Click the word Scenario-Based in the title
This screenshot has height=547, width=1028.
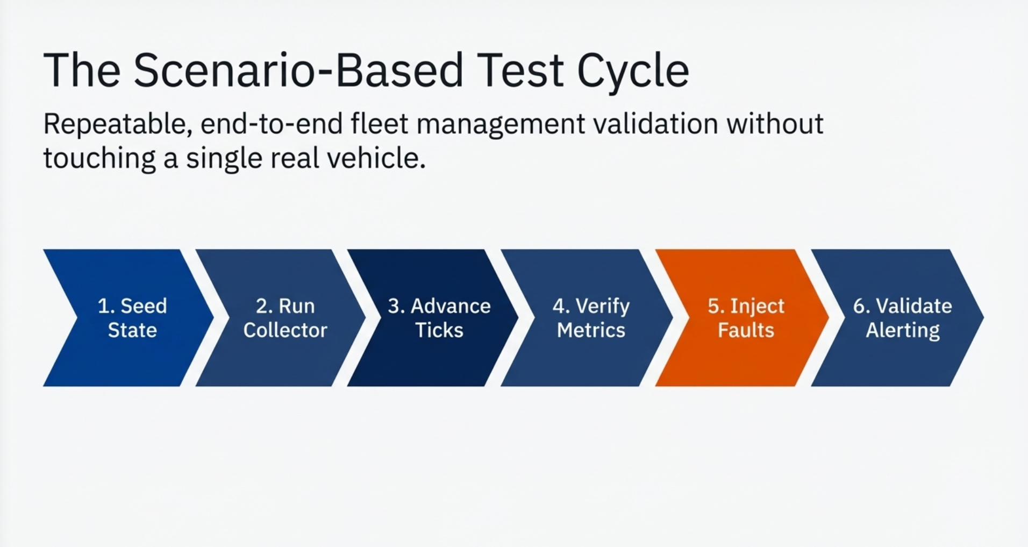[298, 70]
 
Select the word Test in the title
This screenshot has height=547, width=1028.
[520, 70]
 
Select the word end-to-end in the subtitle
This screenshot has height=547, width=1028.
[272, 124]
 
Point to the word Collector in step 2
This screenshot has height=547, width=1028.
[285, 330]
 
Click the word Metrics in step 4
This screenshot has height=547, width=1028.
[591, 330]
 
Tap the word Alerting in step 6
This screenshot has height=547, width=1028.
[903, 330]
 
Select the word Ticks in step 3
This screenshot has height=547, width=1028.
[439, 330]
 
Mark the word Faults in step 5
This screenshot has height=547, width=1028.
[746, 330]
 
